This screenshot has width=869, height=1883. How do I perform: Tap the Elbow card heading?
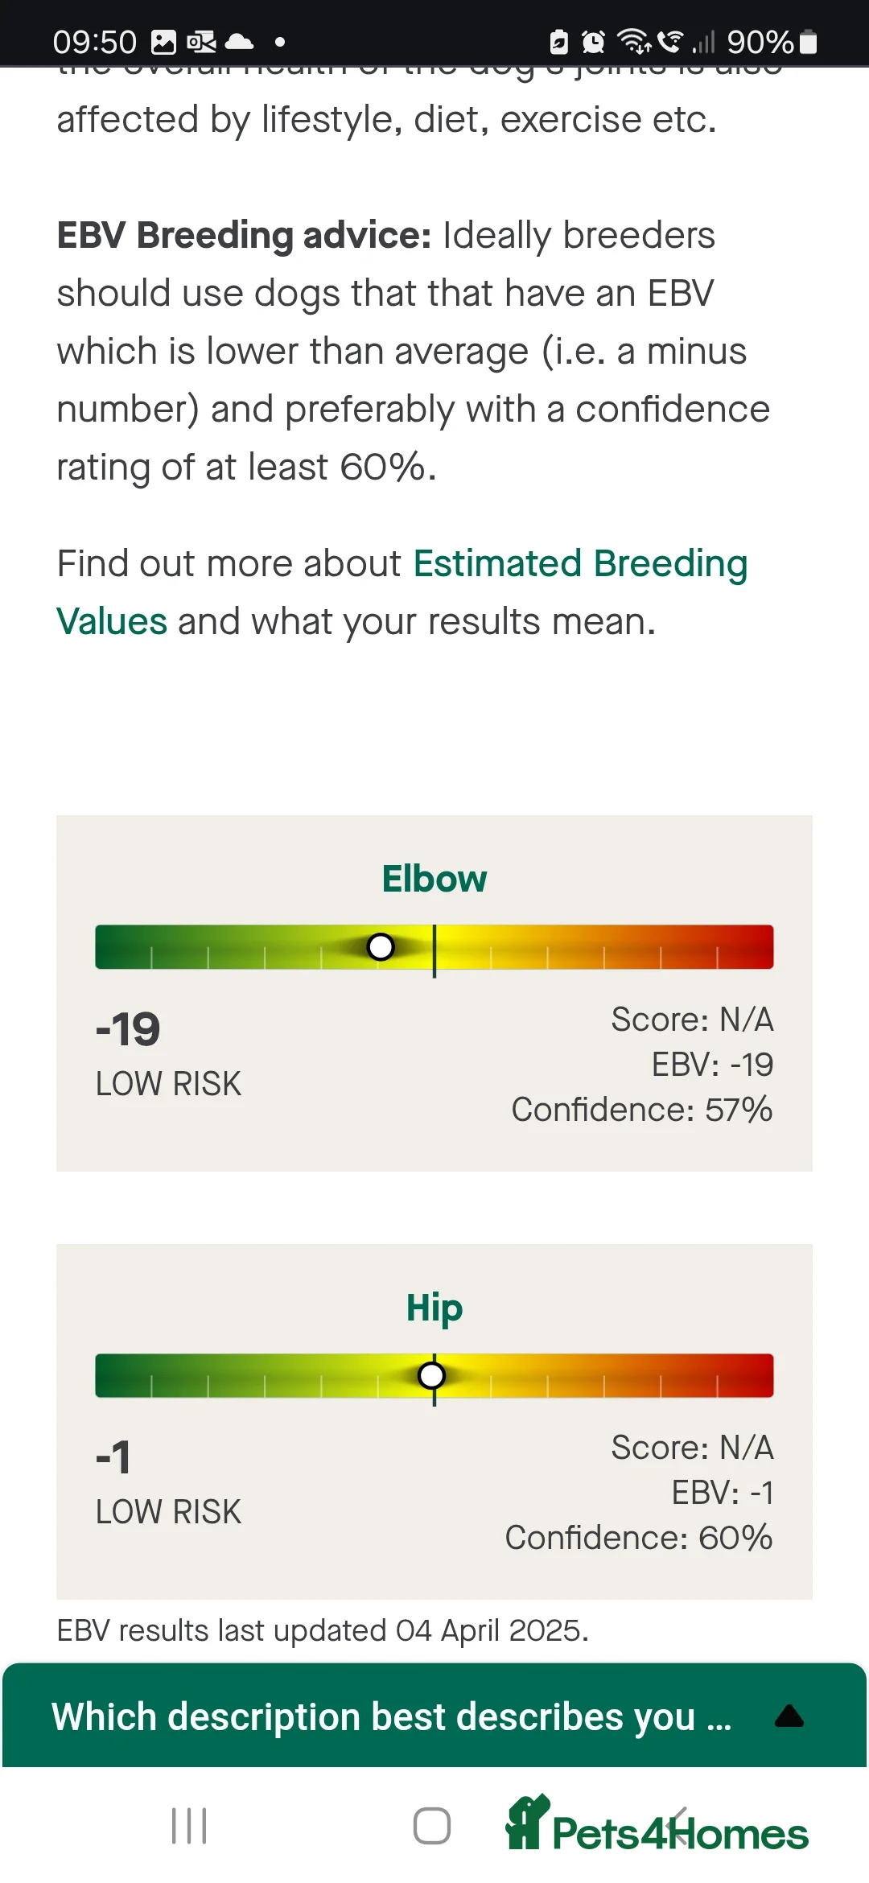[x=434, y=879]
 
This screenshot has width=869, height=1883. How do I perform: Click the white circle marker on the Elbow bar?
[x=381, y=947]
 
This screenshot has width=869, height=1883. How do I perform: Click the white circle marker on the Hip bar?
[x=432, y=1375]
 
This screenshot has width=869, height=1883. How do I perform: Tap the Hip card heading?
[x=434, y=1308]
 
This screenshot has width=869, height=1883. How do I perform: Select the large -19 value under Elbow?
[x=128, y=1029]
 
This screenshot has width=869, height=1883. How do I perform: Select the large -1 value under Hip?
[x=113, y=1457]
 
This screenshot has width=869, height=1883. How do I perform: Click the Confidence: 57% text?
[x=642, y=1110]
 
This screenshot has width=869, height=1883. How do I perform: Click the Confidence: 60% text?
[x=639, y=1538]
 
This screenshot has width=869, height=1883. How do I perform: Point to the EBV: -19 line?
[x=712, y=1065]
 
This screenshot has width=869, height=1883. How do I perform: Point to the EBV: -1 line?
[x=723, y=1493]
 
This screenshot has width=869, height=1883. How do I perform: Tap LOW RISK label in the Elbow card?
[x=168, y=1084]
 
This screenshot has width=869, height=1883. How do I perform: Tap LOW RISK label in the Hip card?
[x=168, y=1512]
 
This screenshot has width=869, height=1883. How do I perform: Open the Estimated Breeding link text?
[x=580, y=563]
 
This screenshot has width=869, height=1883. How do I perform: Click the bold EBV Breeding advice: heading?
[x=244, y=236]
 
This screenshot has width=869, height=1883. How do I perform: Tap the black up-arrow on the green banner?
[x=789, y=1716]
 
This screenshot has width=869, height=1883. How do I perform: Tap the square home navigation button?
[x=432, y=1826]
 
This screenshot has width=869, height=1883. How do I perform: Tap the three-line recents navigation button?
[x=189, y=1826]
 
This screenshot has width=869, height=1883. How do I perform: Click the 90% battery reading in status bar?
[x=760, y=42]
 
